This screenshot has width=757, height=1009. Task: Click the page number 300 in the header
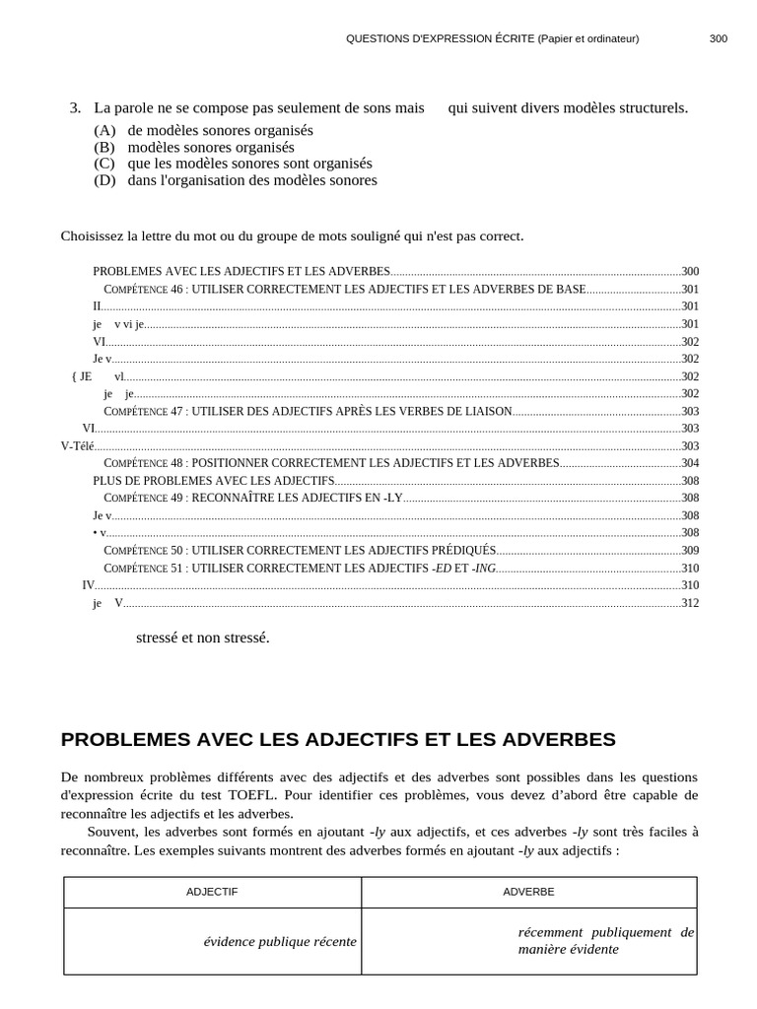point(718,38)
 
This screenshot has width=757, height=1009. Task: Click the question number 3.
point(75,107)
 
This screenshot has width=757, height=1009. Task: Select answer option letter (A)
point(104,130)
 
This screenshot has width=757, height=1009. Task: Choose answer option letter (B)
point(104,147)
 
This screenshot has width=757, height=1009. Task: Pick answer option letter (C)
point(104,164)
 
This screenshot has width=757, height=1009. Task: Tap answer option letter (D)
point(104,180)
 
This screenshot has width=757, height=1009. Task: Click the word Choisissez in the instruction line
point(93,236)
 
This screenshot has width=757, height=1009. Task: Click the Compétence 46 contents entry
point(344,290)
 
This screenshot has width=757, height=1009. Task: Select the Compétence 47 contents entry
point(308,412)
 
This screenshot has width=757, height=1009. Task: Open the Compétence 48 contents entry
point(331,463)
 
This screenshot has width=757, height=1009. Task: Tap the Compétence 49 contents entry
point(253,498)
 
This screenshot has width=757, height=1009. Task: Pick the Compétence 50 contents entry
point(300,551)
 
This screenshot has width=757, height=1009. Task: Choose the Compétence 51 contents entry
point(300,569)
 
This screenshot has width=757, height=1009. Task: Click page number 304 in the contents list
point(690,463)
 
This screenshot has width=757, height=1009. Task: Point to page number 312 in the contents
point(690,603)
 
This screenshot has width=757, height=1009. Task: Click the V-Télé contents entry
point(78,446)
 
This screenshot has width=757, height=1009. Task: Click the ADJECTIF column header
point(212,892)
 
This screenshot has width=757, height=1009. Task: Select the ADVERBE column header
point(528,892)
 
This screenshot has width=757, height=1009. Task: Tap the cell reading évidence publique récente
point(280,942)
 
